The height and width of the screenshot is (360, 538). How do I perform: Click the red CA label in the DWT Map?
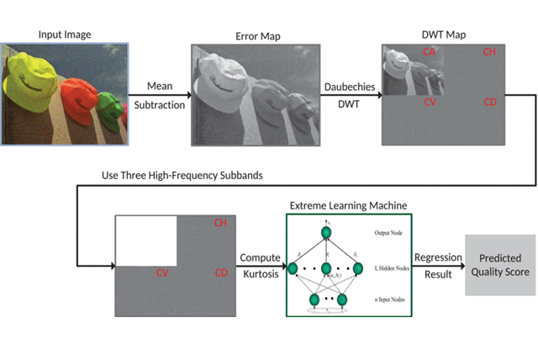[429, 53]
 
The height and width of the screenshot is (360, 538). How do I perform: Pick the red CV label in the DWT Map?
[429, 103]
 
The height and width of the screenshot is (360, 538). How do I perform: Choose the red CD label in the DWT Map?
[490, 103]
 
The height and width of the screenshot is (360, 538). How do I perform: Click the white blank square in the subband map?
[145, 241]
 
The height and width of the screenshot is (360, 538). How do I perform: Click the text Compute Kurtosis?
[261, 265]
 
